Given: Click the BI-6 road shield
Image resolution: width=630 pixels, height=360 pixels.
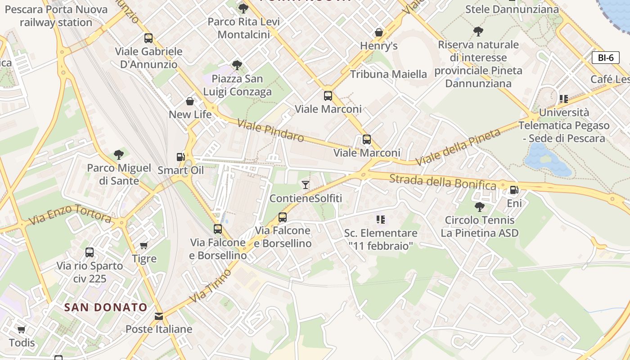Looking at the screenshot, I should pos(605,58).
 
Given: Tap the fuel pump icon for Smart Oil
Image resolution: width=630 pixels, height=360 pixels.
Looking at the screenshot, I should pos(180,157).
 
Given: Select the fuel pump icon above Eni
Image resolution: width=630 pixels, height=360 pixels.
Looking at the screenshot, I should pos(514,190).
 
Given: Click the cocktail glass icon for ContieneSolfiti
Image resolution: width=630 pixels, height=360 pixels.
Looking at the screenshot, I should pos(306,184).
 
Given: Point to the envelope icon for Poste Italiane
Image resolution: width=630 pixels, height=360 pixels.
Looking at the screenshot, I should pos(159,316).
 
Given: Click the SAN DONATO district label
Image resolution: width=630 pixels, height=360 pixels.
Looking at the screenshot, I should pos(106,307).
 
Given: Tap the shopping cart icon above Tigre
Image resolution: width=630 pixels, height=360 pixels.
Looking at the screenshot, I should pos(144,245).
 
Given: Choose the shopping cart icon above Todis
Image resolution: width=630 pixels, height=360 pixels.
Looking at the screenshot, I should pos(21,330).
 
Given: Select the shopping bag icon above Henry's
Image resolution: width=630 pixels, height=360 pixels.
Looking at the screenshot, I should pos(379,32).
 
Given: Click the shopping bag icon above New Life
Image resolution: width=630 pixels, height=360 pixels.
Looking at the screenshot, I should pos(190,101).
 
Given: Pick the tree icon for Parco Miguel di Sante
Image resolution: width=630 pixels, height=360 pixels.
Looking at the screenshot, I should pos(119,155).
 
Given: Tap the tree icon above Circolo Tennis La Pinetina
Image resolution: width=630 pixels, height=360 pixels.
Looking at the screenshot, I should pos(480,207).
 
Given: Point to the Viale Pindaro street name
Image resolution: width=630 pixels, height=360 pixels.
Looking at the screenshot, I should pos(270,131).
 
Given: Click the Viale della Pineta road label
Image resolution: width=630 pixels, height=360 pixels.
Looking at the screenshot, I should pos(458,147).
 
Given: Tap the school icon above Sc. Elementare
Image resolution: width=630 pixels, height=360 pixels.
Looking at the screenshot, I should pos(381,220).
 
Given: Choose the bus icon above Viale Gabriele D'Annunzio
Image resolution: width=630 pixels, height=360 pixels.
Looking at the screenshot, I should pos(148,38).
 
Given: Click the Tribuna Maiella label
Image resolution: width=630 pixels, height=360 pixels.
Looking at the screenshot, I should pos(388,74).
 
